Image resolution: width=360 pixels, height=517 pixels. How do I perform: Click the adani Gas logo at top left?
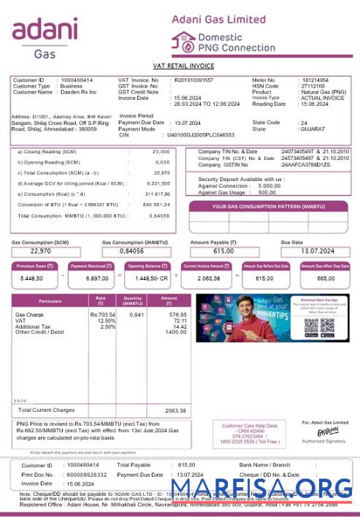pyautogui.click(x=45, y=37)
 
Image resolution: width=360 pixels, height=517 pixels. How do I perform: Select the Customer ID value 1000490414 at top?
pyautogui.click(x=77, y=80)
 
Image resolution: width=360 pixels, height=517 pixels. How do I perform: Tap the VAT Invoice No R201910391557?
pyautogui.click(x=194, y=80)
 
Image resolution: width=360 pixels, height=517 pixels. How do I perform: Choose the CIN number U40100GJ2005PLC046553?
pyautogui.click(x=201, y=135)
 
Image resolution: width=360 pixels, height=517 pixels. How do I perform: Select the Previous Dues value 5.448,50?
pyautogui.click(x=31, y=278)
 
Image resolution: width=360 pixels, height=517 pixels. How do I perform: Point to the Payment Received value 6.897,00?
pyautogui.click(x=91, y=278)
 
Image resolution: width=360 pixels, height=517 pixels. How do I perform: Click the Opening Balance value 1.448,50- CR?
pyautogui.click(x=151, y=278)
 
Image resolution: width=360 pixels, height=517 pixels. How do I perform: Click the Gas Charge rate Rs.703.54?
pyautogui.click(x=103, y=315)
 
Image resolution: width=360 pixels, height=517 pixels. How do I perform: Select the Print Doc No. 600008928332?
pyautogui.click(x=85, y=474)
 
